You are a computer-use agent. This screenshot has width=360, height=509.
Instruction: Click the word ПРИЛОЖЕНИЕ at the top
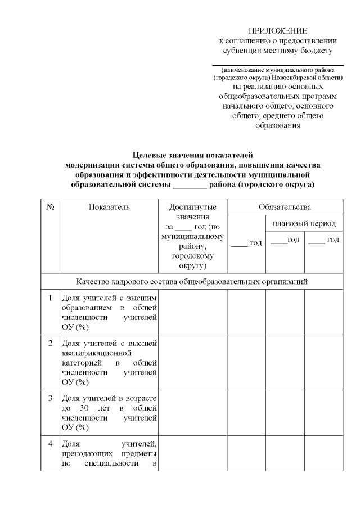(278, 30)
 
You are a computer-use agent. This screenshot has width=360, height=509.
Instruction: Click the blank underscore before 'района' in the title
(190, 184)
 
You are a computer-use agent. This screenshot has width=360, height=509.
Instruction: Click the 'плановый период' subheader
(304, 224)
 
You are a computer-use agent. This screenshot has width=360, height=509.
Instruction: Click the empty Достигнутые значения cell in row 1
(193, 312)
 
